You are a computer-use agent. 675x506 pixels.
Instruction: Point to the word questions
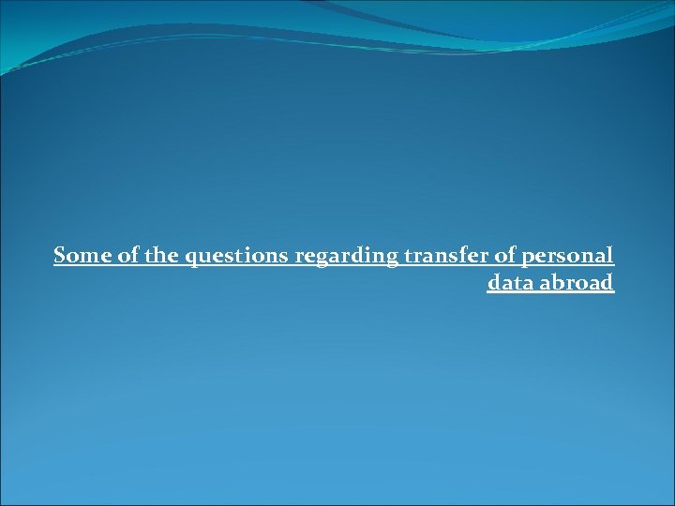(237, 256)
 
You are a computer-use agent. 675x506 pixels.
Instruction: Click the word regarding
(347, 256)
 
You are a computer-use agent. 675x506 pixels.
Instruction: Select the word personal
(566, 256)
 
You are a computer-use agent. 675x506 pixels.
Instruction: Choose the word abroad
(577, 283)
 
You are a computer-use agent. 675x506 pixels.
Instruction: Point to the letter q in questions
(191, 258)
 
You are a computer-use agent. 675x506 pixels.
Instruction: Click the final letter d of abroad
(607, 283)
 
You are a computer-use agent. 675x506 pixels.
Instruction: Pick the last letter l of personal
(610, 255)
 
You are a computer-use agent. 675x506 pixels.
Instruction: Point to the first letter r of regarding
(299, 257)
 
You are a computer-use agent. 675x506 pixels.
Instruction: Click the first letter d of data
(493, 283)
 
